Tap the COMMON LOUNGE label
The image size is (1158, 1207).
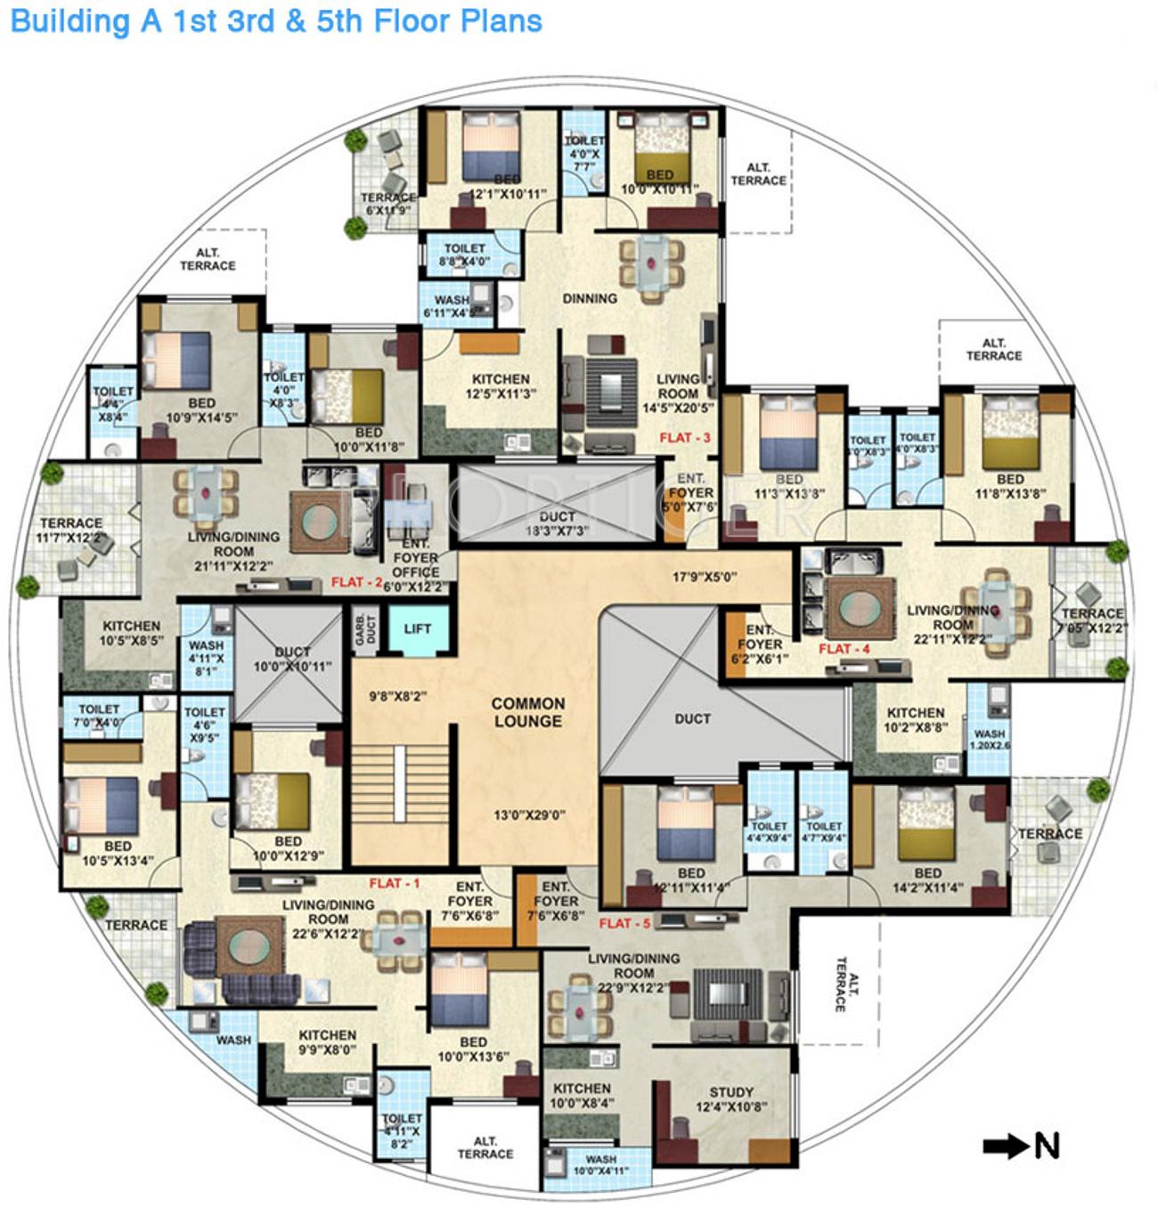pos(528,713)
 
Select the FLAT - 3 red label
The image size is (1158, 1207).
pos(685,438)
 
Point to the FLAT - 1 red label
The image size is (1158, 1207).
pos(394,884)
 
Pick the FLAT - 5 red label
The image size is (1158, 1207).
pos(624,924)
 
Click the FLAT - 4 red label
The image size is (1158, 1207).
pos(844,650)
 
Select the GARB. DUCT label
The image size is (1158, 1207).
pos(366,629)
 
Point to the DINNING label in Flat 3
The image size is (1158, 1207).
pos(590,299)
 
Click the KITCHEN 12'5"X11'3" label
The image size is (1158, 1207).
pos(501,386)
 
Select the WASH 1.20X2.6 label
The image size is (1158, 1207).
pos(990,740)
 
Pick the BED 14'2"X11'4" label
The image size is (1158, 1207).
pos(927,880)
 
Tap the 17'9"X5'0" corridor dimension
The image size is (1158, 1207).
pos(704,577)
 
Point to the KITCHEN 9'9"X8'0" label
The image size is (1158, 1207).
pos(327,1042)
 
